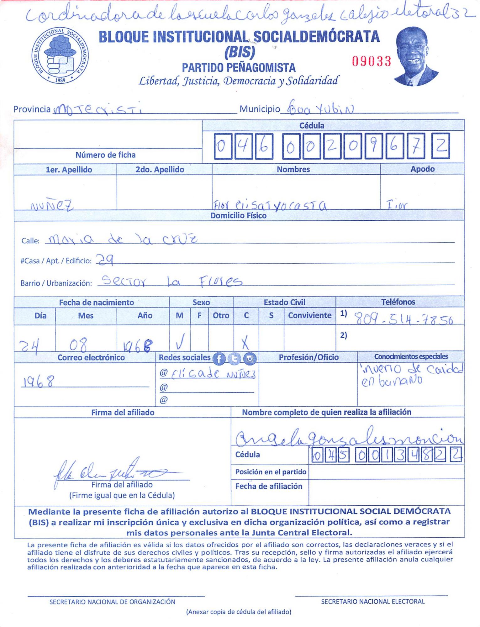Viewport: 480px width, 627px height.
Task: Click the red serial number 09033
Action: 372,61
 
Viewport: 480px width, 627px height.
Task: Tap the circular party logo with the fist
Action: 60,55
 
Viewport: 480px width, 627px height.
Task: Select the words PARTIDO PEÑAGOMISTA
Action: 239,67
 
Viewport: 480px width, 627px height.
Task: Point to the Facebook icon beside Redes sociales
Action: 219,358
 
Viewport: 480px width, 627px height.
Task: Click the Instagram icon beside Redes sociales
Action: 250,358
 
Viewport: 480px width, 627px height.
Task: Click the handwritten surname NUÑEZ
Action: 52,206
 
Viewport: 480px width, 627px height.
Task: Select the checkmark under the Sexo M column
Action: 180,341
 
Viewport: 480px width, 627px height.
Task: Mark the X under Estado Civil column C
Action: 245,342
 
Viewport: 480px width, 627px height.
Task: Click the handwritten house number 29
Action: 105,260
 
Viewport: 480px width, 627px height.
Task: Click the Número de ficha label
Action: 106,155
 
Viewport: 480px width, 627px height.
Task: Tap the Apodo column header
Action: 422,169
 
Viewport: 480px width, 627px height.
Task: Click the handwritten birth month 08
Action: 78,345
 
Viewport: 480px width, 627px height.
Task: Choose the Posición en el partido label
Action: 271,472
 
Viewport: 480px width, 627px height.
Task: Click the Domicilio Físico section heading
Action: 238,216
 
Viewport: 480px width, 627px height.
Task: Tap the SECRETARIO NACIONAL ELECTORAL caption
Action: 373,601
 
